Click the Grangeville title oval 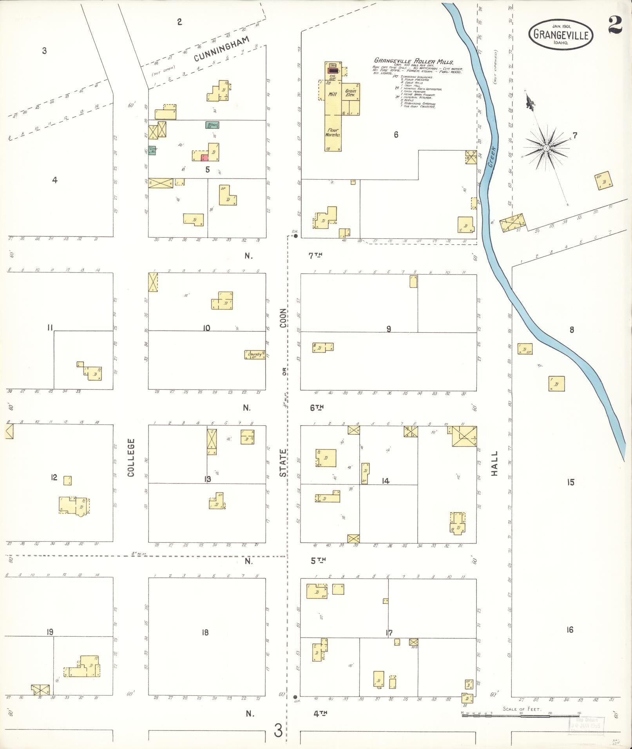pos(561,34)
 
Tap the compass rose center pos(545,148)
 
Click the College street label pos(131,457)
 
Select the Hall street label pos(494,464)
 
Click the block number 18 pos(205,632)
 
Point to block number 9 pos(388,329)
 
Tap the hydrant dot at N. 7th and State pos(296,236)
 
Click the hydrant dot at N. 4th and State pos(295,697)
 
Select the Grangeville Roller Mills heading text pos(414,61)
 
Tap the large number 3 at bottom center pos(278,730)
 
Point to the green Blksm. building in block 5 pos(212,125)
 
